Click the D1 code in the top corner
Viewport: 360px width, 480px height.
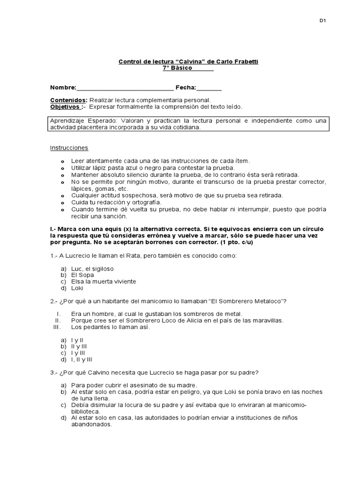(322, 21)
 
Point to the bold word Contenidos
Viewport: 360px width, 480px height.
(68, 100)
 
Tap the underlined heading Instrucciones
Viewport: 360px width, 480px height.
(69, 148)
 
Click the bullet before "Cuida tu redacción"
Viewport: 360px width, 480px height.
(63, 202)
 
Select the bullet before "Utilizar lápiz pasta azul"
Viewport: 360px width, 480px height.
(63, 168)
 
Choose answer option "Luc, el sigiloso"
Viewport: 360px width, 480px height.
(92, 269)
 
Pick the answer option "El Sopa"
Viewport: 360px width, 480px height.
(82, 275)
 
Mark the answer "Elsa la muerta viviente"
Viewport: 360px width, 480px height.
(104, 282)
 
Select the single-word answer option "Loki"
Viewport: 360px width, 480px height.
(77, 288)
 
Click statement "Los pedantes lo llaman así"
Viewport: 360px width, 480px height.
(111, 327)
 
